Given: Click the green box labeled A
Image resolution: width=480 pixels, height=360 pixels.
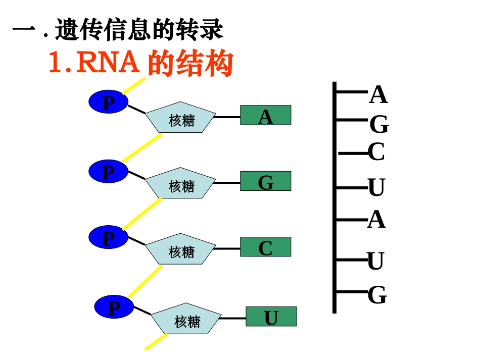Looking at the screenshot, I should [265, 115].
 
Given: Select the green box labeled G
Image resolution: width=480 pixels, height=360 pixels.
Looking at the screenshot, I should [265, 181].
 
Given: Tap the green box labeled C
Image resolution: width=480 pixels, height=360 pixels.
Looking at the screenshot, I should [265, 247].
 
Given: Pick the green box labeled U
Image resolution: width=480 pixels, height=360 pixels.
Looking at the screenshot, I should [271, 317].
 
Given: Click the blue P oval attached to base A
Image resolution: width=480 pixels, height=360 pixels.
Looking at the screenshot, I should [109, 102].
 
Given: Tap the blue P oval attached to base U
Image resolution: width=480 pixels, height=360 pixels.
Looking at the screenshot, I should [114, 307].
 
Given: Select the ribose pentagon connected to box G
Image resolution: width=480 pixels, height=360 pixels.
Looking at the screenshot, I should [180, 184].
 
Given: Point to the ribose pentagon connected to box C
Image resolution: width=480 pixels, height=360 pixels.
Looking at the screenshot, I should [180, 249].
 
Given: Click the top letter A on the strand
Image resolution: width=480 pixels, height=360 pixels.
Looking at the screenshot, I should [378, 95].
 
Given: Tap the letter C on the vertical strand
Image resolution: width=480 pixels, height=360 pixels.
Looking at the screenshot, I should [376, 152].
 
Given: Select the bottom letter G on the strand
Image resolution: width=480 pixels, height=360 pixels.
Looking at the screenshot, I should [377, 295].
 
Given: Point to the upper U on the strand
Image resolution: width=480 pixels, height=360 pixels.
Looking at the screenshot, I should [376, 188].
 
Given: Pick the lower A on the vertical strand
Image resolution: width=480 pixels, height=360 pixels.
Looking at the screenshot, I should [376, 220].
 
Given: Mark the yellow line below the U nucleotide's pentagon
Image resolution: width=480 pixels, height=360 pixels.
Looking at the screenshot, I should [156, 341].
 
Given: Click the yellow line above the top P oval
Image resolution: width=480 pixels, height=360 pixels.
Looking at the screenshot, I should [134, 85].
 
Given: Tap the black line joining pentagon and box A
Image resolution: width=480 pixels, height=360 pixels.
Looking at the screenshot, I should [227, 117].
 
